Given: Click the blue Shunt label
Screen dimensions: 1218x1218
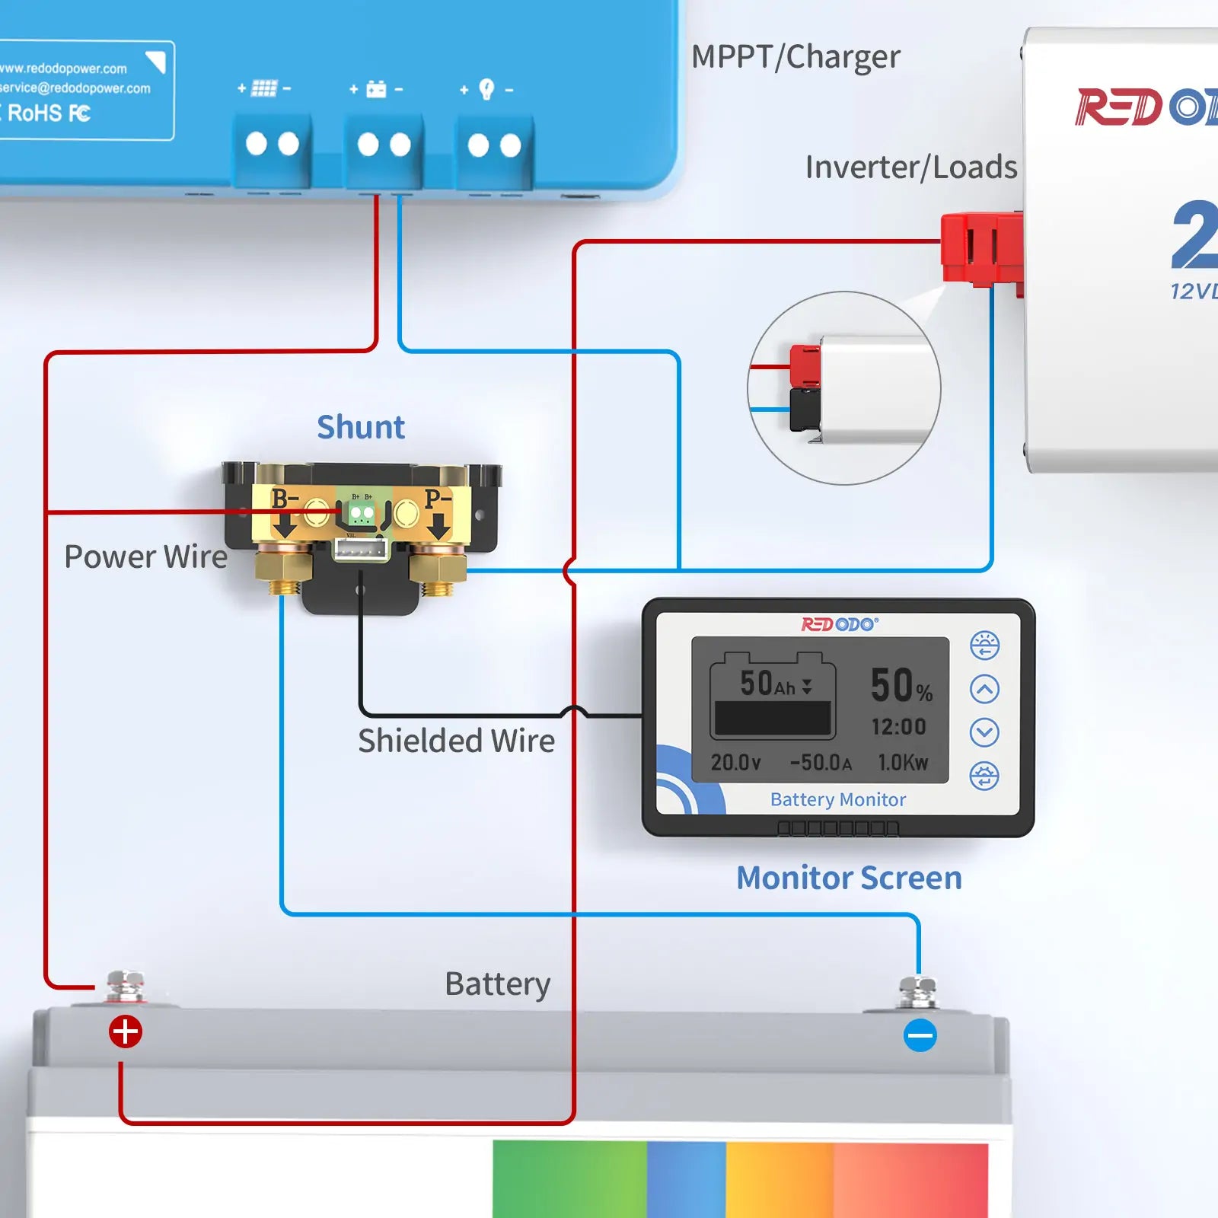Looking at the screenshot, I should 360,427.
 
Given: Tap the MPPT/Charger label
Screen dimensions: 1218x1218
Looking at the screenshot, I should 796,57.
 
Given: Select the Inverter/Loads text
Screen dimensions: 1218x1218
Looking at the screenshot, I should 910,167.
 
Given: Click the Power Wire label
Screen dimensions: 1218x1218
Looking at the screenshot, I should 145,556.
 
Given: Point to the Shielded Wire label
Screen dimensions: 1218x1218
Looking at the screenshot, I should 456,741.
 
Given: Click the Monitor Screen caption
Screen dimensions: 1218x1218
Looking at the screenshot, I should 849,878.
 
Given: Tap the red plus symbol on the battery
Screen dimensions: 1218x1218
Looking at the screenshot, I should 126,1032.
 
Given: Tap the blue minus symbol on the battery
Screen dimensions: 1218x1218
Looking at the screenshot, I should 920,1035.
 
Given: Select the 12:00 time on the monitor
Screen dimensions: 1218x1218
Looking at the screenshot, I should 898,727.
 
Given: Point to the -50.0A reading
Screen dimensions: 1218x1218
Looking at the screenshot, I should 821,763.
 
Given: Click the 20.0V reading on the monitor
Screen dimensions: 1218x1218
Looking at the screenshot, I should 735,763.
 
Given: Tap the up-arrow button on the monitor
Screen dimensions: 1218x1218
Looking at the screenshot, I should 984,690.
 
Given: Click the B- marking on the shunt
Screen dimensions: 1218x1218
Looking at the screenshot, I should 285,499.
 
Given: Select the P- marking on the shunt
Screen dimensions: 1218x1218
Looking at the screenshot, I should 438,499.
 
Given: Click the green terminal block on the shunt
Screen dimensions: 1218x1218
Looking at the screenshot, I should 362,513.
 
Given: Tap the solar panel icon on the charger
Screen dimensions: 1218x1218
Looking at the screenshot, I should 263,88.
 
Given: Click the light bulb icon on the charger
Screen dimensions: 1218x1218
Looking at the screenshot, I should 486,89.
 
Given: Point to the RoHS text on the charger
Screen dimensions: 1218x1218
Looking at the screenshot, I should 35,113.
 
